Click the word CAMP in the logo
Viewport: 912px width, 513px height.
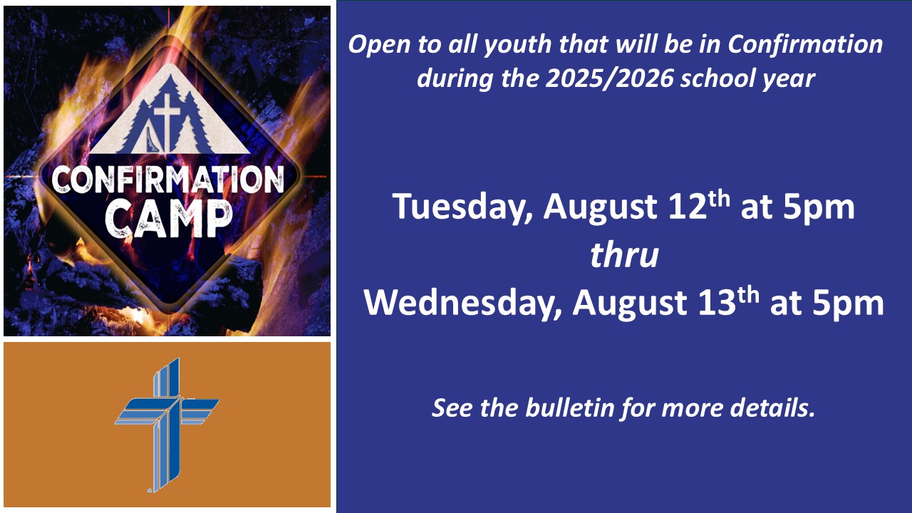click(169, 219)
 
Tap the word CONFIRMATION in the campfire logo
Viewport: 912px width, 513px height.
click(168, 180)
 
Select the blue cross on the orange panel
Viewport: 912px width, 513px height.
click(167, 425)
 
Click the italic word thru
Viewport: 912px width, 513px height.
click(624, 255)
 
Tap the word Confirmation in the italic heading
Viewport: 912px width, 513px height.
click(805, 43)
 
